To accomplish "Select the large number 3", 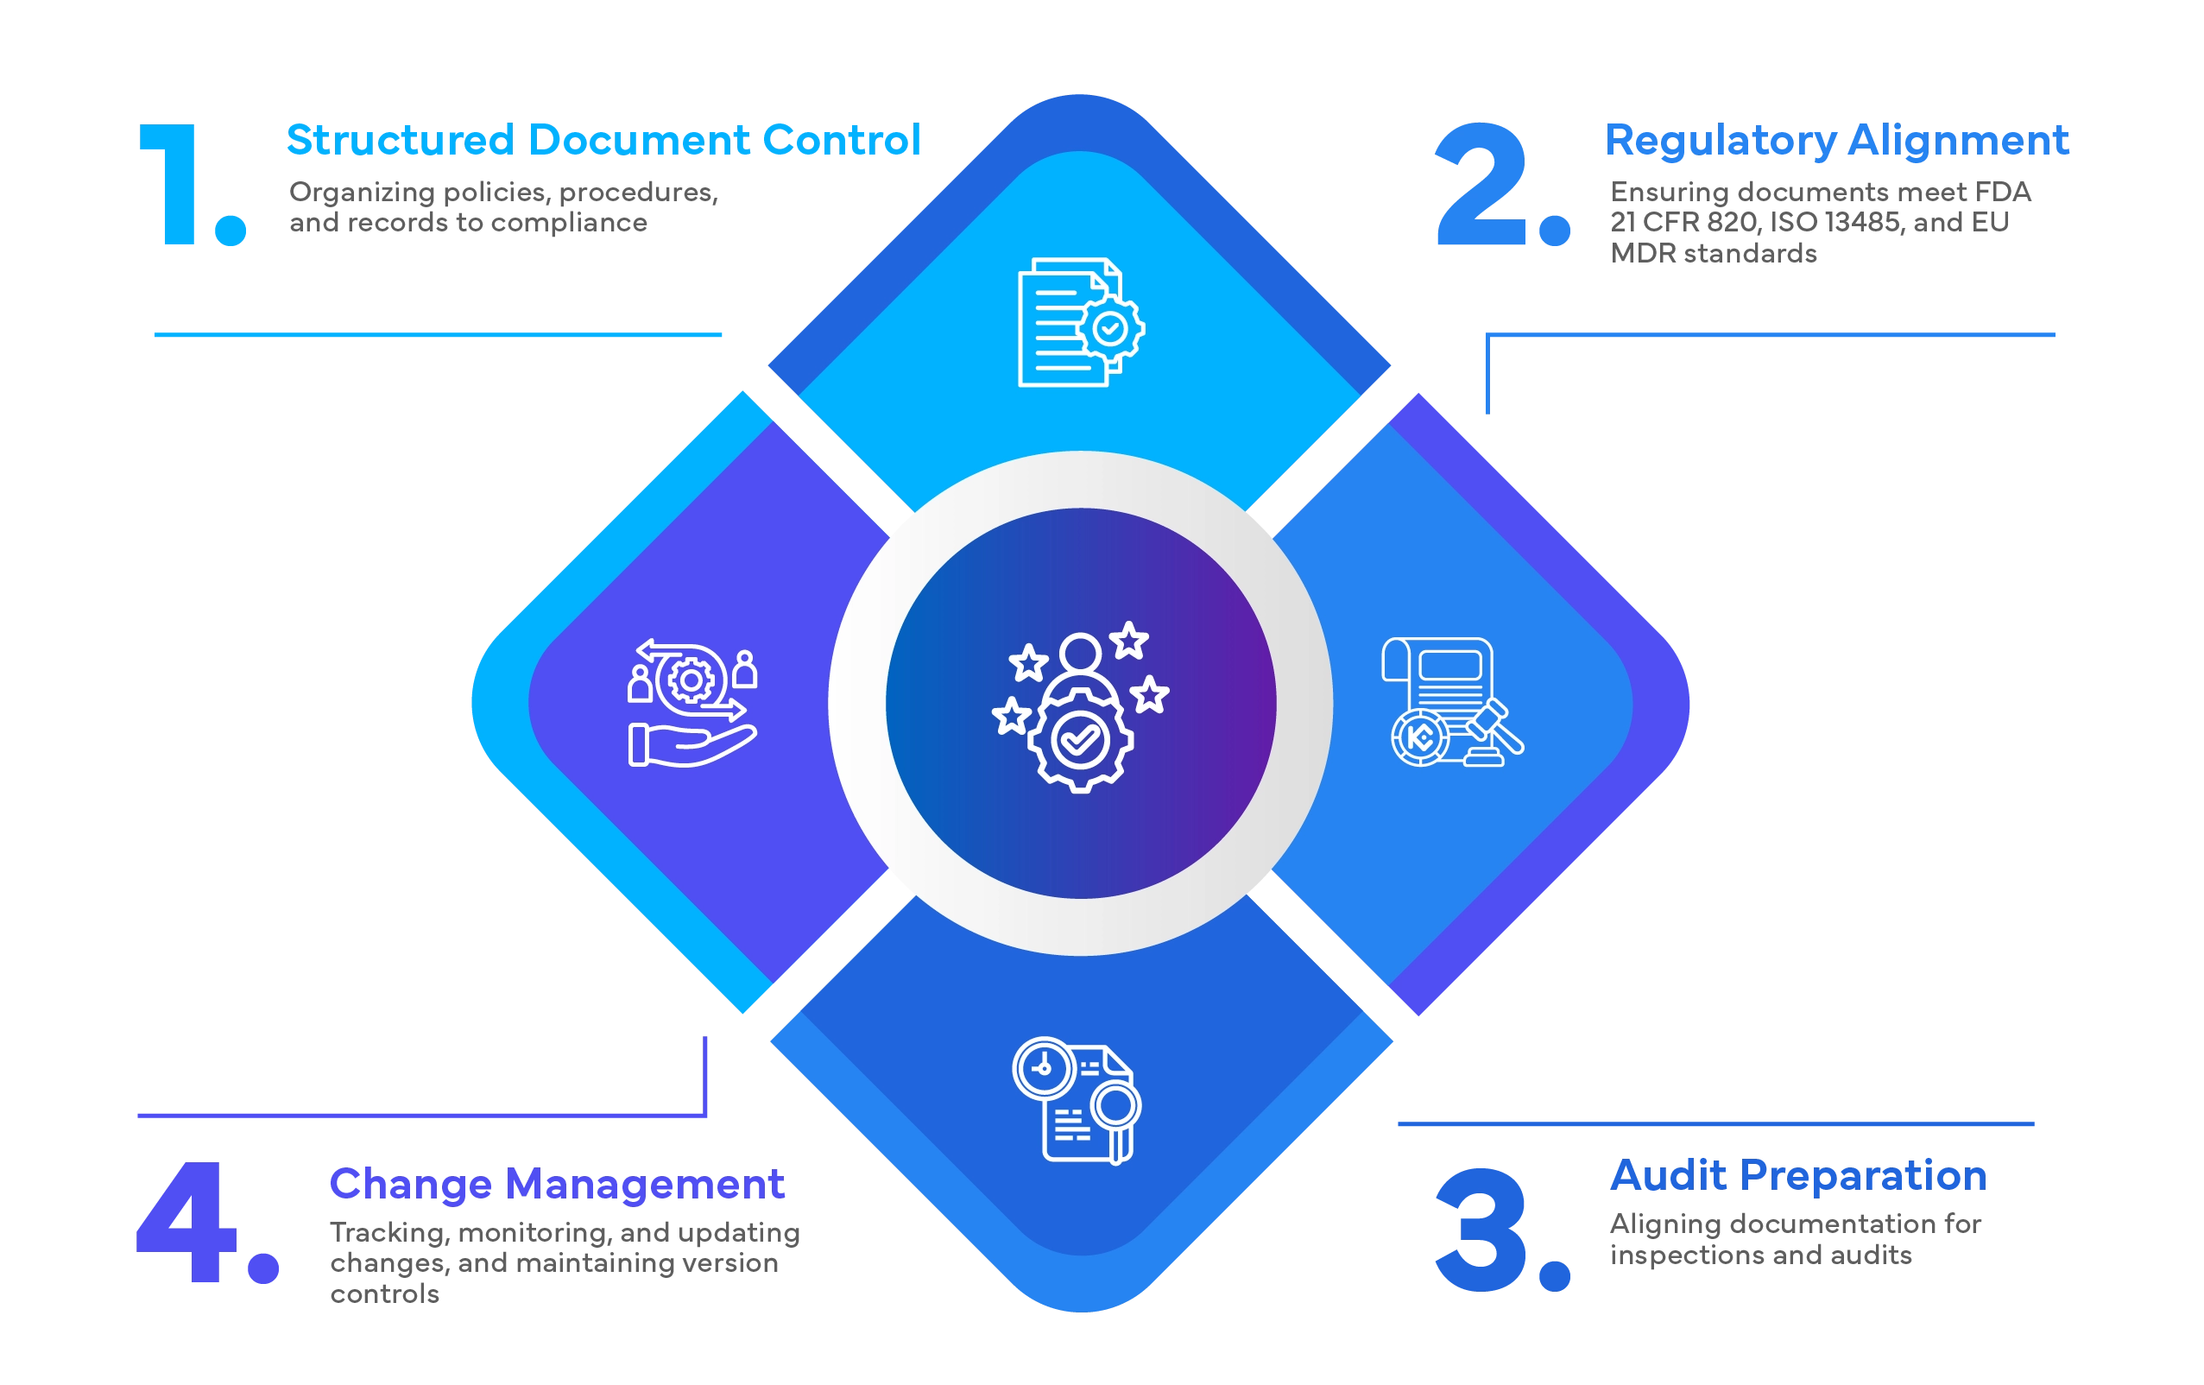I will (x=1480, y=1229).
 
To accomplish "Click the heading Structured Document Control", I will (x=604, y=139).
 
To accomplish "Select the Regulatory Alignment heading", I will (x=1835, y=141).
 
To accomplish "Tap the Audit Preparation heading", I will (x=1798, y=1175).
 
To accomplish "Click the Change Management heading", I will (x=557, y=1184).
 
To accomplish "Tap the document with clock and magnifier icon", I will (x=1077, y=1100).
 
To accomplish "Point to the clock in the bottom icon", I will (x=1044, y=1067).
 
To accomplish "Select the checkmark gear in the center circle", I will (x=1080, y=740).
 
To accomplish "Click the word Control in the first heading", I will (x=842, y=139).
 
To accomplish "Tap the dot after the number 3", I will (x=1554, y=1273).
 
